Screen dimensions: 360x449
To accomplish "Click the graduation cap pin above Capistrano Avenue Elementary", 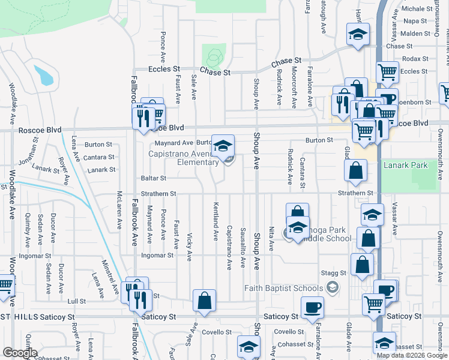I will point(222,146).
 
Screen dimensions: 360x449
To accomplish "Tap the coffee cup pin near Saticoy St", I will point(312,308).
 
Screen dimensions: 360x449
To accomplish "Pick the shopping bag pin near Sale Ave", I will point(204,301).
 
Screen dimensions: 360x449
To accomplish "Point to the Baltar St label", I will point(154,178).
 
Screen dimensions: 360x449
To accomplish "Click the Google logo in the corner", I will point(20,353).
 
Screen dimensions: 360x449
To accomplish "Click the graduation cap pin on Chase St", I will point(358,37).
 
